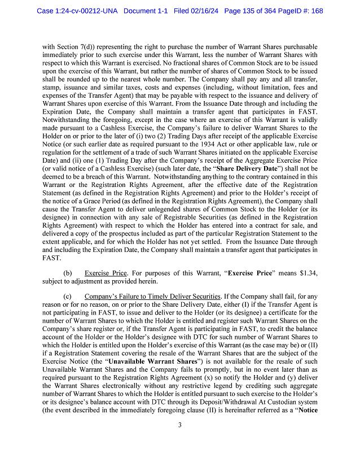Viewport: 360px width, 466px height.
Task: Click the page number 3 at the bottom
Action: coord(179,441)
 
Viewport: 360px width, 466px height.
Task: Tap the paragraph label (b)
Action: coord(67,273)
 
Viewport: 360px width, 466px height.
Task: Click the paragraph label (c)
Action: coord(67,297)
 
